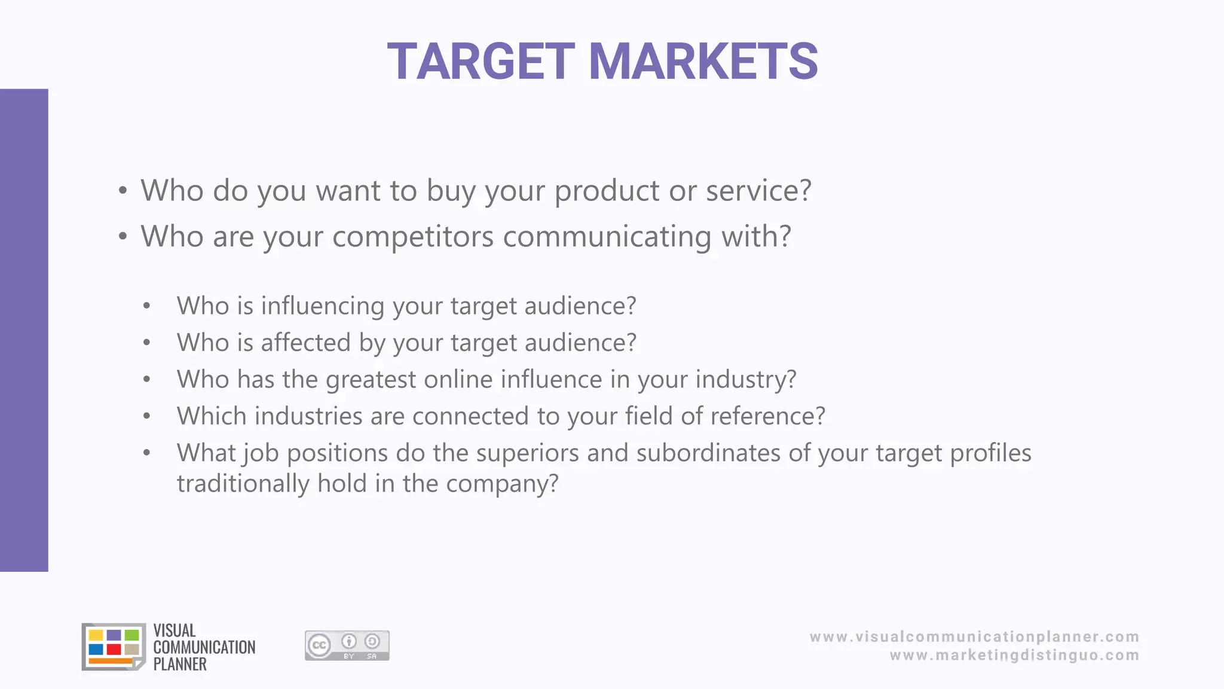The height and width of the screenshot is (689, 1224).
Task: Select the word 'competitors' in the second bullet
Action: [413, 236]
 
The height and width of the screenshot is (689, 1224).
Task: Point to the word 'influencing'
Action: [323, 306]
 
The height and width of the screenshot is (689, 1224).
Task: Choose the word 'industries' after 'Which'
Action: [308, 416]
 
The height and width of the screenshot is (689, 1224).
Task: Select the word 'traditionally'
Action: [243, 483]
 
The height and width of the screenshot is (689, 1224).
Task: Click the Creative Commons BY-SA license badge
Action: [347, 645]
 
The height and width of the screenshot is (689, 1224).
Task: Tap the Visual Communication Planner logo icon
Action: [114, 647]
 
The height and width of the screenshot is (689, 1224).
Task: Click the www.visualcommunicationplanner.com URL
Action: [974, 637]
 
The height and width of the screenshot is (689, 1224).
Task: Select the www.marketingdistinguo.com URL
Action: [1014, 656]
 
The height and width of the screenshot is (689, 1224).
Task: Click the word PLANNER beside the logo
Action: [180, 664]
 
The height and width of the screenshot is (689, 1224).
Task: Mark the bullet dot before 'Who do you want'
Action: [123, 191]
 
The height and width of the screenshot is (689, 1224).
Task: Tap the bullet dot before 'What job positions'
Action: [147, 453]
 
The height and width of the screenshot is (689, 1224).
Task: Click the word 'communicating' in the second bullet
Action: [607, 236]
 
